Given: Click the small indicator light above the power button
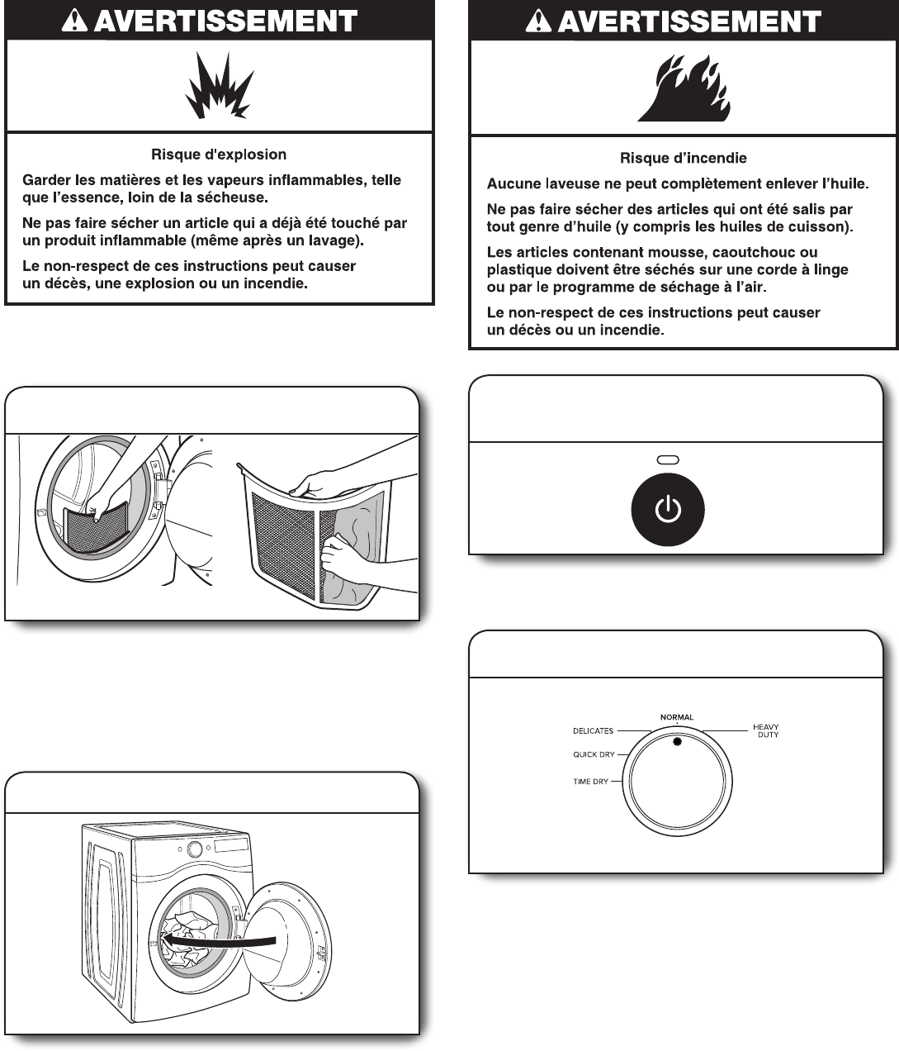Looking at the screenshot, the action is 667,460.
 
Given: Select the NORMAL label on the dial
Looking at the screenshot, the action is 677,717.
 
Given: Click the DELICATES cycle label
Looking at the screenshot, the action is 593,730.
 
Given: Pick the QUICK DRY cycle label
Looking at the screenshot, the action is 594,754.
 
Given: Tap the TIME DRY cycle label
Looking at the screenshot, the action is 591,782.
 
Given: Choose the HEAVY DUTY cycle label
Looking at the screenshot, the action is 766,730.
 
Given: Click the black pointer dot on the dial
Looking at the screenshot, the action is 677,742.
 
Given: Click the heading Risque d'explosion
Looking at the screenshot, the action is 219,155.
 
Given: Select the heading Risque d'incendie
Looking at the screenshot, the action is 684,158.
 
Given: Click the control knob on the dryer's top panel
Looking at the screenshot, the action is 195,849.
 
